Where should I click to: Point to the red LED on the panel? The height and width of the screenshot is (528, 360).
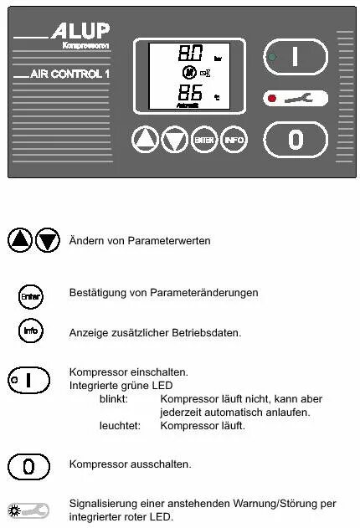point(271,98)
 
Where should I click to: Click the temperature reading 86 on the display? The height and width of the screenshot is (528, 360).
point(190,92)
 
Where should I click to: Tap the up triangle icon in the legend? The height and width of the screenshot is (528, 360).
point(20,240)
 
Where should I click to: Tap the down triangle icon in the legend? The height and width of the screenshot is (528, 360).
point(48,240)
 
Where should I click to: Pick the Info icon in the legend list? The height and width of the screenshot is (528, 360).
point(30,331)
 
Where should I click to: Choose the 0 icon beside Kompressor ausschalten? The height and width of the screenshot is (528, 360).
point(29,464)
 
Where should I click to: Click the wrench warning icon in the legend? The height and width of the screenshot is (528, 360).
point(29,510)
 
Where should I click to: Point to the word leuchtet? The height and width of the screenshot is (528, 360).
point(117,426)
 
